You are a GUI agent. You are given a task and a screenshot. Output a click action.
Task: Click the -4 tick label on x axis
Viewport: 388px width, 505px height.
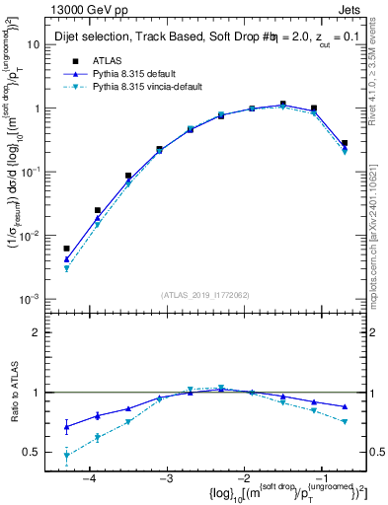[90, 477]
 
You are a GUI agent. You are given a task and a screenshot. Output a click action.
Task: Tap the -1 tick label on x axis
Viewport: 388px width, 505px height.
[319, 477]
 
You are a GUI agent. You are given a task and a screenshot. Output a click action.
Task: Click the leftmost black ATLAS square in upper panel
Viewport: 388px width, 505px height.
[66, 249]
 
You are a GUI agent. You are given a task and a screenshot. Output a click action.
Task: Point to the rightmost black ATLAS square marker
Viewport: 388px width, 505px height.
[344, 143]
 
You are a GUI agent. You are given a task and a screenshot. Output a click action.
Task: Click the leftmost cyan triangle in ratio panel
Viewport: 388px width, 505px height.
[66, 456]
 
